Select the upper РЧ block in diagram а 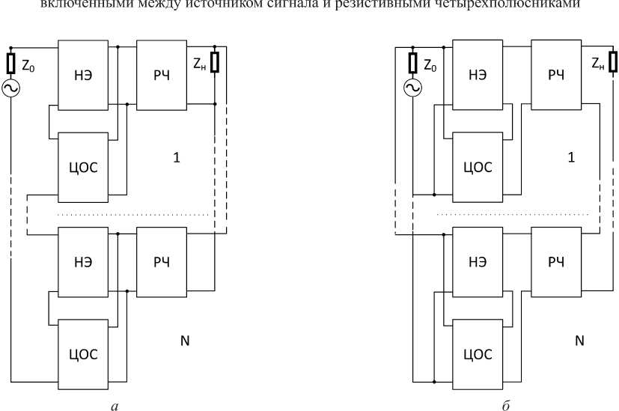162,75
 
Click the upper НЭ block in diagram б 476,76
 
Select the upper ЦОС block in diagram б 476,167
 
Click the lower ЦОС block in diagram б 476,351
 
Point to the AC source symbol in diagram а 11,88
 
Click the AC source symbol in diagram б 410,88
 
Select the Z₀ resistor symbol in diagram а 11,63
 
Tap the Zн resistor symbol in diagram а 215,63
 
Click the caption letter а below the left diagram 113,405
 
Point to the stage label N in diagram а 184,341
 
